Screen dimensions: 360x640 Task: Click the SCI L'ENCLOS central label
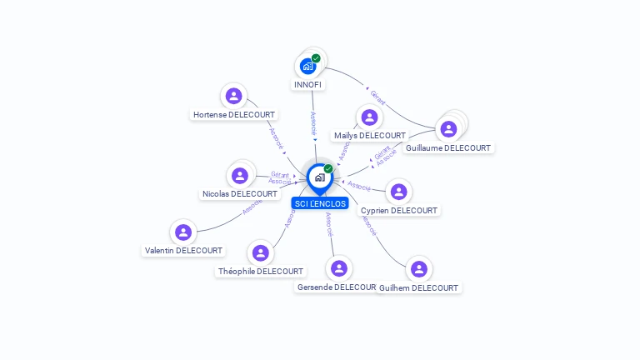[320, 203]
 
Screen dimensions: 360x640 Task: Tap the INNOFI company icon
[308, 66]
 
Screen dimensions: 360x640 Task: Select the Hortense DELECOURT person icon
[234, 96]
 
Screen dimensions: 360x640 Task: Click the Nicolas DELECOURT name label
[240, 194]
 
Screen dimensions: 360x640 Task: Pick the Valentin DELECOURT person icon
[183, 232]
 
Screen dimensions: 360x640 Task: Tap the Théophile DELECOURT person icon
[261, 252]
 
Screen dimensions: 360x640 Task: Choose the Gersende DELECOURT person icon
[338, 268]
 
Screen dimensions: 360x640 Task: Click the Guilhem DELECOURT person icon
[418, 269]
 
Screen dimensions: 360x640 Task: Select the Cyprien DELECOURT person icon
[398, 192]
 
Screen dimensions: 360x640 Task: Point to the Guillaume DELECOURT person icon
[448, 129]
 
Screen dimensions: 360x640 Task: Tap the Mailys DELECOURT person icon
[369, 117]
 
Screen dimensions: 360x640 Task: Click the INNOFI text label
[308, 85]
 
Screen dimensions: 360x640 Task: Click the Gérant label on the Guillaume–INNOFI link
[377, 93]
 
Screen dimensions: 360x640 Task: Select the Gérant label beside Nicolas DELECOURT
[280, 174]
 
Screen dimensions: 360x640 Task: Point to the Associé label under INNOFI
[313, 123]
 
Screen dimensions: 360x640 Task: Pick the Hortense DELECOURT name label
[234, 115]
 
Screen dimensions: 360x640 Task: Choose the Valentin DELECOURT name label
[183, 251]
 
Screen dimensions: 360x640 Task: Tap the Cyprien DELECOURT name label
[398, 211]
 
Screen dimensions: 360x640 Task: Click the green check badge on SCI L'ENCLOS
[328, 169]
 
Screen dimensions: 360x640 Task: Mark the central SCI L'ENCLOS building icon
[319, 177]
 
